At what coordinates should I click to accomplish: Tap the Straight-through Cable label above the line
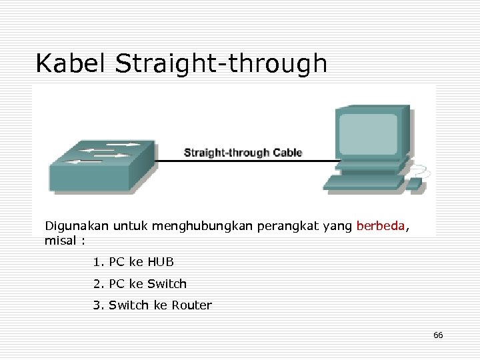click(243, 153)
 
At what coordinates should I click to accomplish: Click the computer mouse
click(414, 183)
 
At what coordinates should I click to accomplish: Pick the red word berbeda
click(380, 226)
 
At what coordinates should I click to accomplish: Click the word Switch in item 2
click(167, 283)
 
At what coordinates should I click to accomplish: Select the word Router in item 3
click(191, 305)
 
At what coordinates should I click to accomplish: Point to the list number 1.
click(97, 261)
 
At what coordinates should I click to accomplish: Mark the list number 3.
click(97, 305)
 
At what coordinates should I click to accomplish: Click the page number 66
click(438, 335)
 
